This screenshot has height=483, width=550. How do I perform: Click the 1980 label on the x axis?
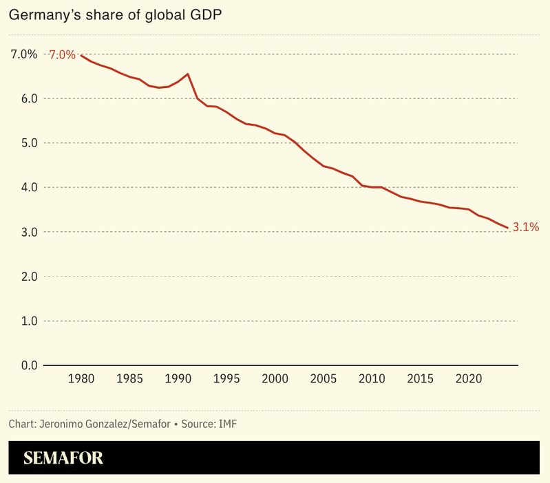[81, 379]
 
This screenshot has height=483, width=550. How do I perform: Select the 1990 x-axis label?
[178, 379]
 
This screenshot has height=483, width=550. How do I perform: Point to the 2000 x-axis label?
[275, 379]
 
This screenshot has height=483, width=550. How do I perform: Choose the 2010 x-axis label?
[372, 379]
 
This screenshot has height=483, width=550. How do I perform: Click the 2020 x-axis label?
[468, 379]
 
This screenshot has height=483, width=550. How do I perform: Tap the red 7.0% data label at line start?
[61, 54]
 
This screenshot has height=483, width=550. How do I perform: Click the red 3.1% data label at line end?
[526, 227]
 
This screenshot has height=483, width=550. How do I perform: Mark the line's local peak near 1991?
[188, 74]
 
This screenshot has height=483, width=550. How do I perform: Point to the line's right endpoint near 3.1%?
[507, 227]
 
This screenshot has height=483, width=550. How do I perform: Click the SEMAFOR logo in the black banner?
[63, 458]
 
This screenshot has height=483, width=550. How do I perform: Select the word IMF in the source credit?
[227, 423]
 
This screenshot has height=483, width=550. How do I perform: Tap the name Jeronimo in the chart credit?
[62, 423]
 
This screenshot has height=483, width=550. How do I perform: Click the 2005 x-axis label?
[323, 379]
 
